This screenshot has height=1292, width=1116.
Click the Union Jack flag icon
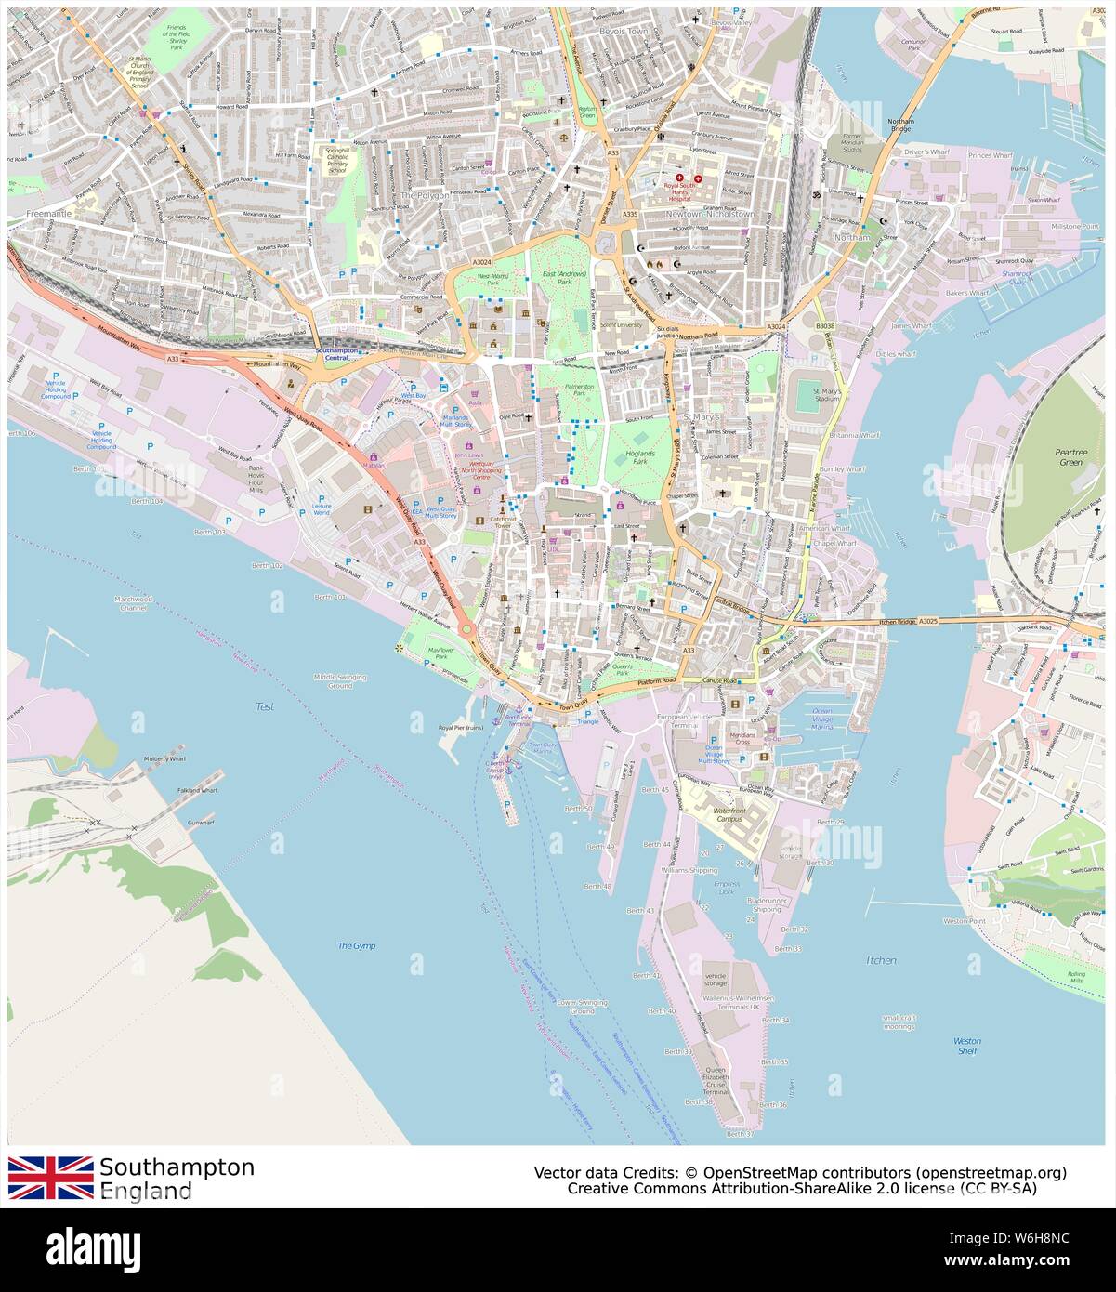(50, 1177)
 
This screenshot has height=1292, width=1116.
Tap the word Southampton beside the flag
(177, 1167)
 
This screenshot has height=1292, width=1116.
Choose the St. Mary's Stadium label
(826, 397)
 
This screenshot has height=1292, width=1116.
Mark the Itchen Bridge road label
(899, 623)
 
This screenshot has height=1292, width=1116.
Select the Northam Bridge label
(900, 126)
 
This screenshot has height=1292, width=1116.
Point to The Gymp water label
(356, 945)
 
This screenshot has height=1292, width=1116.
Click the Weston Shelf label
(966, 1046)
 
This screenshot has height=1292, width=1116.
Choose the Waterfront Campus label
(731, 816)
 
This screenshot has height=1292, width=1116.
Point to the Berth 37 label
(739, 1134)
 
